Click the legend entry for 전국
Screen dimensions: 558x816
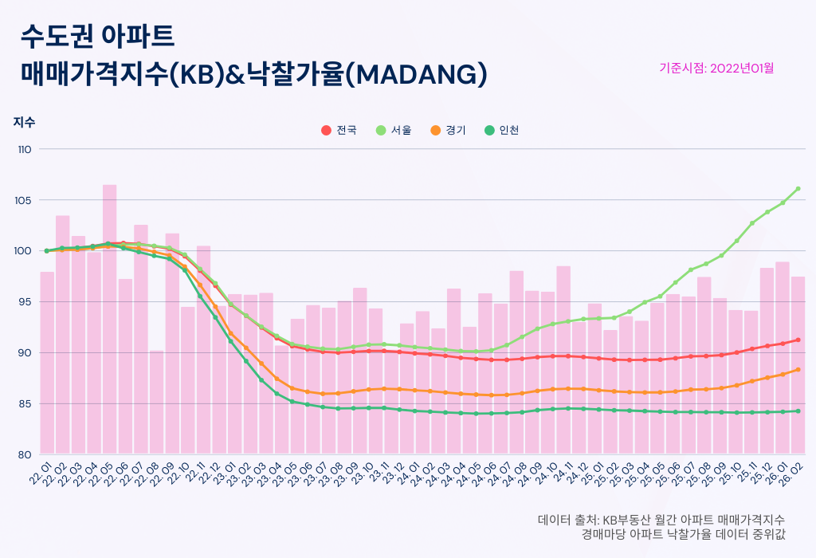pos(339,130)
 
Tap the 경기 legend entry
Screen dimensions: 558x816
pos(448,130)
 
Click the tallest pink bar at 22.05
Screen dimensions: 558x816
pos(109,319)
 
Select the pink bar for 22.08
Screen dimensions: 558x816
pos(156,403)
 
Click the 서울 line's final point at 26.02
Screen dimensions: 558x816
pos(798,189)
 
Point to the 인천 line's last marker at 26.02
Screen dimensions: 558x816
pos(798,411)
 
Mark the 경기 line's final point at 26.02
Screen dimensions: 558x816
pos(798,369)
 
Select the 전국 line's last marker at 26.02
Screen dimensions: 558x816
pos(798,340)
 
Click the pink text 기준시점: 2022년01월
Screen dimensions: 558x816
pos(716,68)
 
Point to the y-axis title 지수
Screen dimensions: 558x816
pos(24,123)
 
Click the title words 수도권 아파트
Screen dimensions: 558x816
pos(97,35)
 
